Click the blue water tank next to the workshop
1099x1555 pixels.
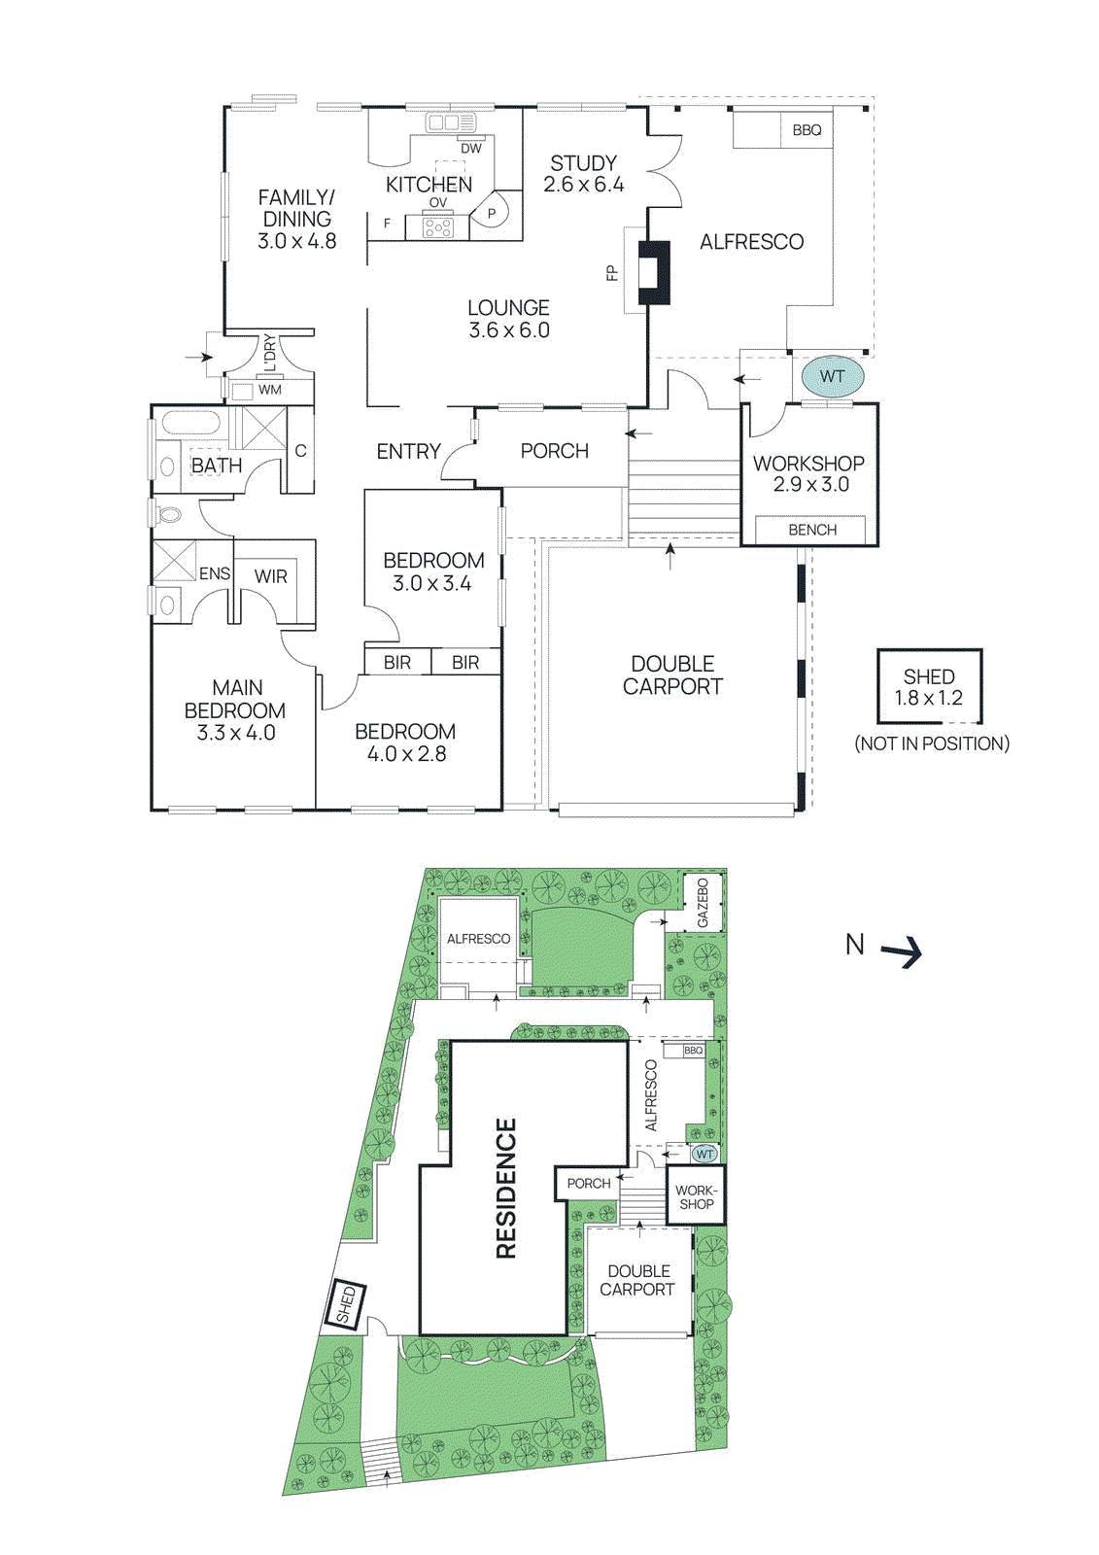pyautogui.click(x=832, y=376)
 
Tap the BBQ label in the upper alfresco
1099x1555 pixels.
pyautogui.click(x=807, y=130)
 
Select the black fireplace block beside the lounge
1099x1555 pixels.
pyautogui.click(x=653, y=272)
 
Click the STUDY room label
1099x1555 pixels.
pyautogui.click(x=583, y=163)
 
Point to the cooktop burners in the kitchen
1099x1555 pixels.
pyautogui.click(x=437, y=228)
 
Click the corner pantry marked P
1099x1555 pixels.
pyautogui.click(x=492, y=213)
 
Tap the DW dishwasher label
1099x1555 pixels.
pyautogui.click(x=470, y=149)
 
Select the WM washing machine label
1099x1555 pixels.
pyautogui.click(x=269, y=390)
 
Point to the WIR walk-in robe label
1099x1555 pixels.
pyautogui.click(x=270, y=576)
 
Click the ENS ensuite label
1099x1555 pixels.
pyautogui.click(x=215, y=573)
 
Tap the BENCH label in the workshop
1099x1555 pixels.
pyautogui.click(x=812, y=530)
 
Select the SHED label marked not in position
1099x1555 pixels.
pyautogui.click(x=929, y=676)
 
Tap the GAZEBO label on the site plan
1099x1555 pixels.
pyautogui.click(x=703, y=903)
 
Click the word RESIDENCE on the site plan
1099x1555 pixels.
pyautogui.click(x=506, y=1188)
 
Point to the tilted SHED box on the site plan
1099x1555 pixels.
pyautogui.click(x=347, y=1303)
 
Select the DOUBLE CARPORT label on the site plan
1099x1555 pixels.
pyautogui.click(x=637, y=1280)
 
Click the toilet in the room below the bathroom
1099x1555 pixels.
pyautogui.click(x=170, y=513)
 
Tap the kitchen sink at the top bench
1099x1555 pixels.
pyautogui.click(x=445, y=123)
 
